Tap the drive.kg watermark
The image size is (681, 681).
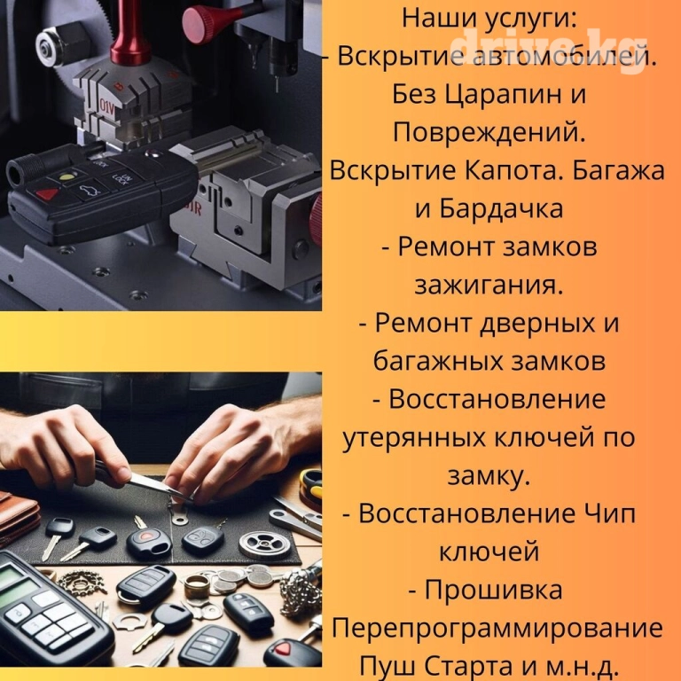click(548, 49)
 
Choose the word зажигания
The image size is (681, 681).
click(489, 286)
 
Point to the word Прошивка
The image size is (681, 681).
click(493, 590)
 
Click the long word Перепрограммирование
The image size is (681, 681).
click(497, 629)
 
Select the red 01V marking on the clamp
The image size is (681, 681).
click(106, 107)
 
